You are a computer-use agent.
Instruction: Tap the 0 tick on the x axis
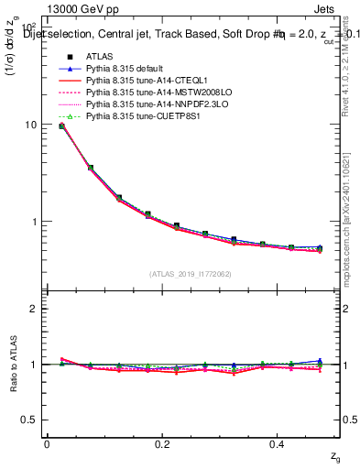point(47,444)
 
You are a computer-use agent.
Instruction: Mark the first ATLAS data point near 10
point(61,125)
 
